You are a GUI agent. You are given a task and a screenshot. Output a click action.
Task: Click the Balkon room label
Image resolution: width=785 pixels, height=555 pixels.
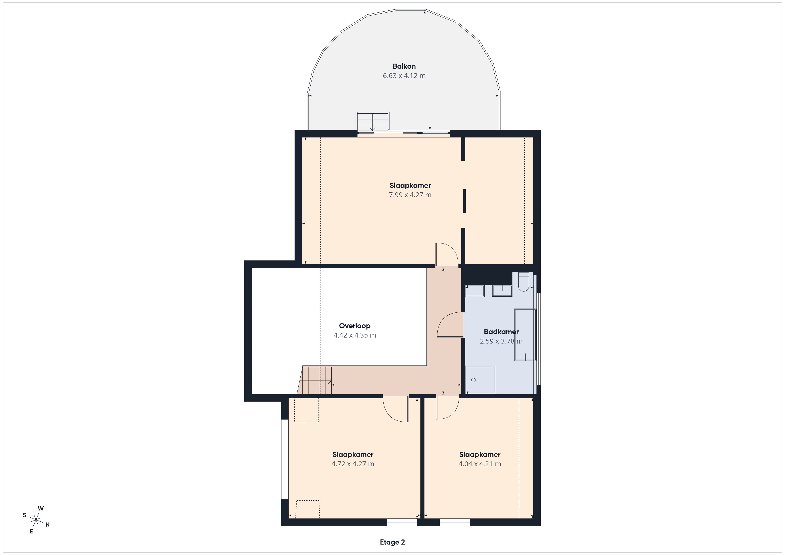pyautogui.click(x=404, y=66)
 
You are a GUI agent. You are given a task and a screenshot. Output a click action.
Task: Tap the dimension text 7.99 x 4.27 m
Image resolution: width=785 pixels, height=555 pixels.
pyautogui.click(x=410, y=195)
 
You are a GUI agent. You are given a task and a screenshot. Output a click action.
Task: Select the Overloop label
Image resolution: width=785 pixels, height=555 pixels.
pyautogui.click(x=354, y=326)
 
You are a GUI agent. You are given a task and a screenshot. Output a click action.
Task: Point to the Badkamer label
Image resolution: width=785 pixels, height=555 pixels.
pyautogui.click(x=501, y=332)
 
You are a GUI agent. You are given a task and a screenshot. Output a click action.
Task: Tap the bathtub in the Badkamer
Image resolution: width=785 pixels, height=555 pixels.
pyautogui.click(x=525, y=335)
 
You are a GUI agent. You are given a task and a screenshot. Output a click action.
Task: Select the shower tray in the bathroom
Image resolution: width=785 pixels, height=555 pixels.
pyautogui.click(x=480, y=380)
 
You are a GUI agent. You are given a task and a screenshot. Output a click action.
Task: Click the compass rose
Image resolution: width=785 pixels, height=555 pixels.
pyautogui.click(x=36, y=520)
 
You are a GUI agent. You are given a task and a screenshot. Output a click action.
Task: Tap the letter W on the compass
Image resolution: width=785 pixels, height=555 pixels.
pyautogui.click(x=41, y=508)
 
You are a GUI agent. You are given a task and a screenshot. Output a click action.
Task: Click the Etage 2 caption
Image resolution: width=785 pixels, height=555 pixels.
pyautogui.click(x=392, y=542)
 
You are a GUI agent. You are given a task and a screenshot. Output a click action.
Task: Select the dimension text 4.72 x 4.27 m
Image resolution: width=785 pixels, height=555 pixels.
pyautogui.click(x=353, y=464)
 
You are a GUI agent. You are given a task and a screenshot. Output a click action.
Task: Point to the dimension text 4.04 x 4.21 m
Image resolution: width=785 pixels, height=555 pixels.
pyautogui.click(x=480, y=464)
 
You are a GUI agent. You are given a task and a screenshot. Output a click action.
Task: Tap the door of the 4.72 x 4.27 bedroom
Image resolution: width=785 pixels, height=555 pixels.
pyautogui.click(x=396, y=409)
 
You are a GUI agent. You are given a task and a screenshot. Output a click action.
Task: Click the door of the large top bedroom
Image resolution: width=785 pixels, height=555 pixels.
pyautogui.click(x=447, y=254)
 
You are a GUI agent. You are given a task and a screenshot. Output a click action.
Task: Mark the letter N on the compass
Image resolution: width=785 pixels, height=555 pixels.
pyautogui.click(x=48, y=525)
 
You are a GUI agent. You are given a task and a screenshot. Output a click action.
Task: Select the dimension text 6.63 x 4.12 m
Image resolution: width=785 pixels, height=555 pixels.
pyautogui.click(x=404, y=76)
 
